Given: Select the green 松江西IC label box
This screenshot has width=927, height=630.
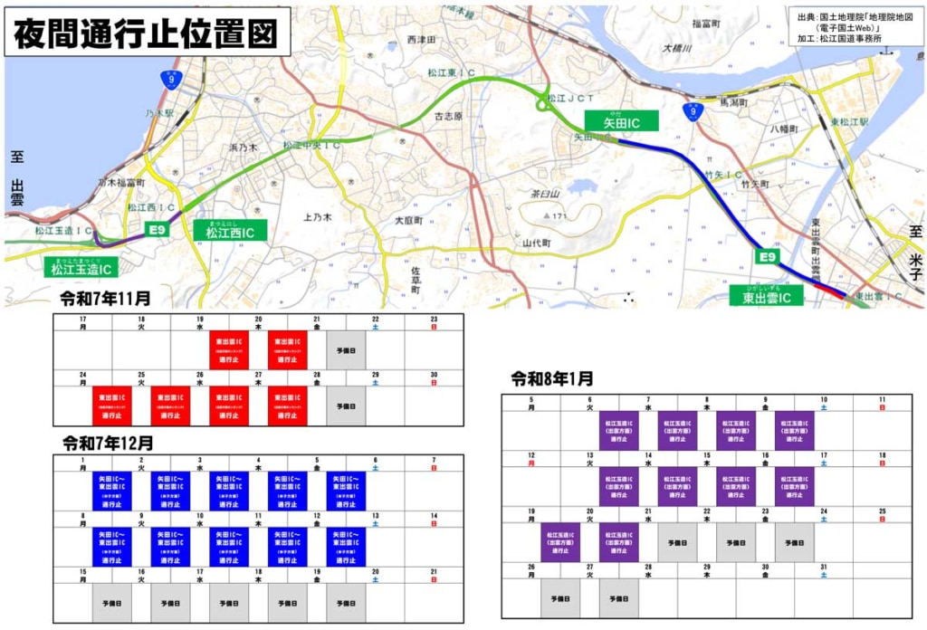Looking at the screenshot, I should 229,233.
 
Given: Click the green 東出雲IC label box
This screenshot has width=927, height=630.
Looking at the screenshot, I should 767,296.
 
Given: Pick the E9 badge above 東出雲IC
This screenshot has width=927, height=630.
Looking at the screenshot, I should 768,259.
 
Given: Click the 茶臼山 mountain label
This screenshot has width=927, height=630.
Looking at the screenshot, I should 547,194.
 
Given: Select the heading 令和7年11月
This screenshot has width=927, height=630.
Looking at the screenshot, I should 106,298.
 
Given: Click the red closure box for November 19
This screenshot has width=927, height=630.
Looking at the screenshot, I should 229,350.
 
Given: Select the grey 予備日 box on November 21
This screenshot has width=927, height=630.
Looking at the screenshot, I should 346,350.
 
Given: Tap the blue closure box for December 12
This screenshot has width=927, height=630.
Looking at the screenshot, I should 346,548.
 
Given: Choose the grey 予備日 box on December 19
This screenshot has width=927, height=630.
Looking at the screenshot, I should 346,602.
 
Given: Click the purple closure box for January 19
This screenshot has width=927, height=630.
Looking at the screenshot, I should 561,543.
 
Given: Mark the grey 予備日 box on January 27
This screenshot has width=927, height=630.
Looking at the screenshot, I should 619,598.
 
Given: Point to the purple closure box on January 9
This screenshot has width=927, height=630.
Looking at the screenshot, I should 794,431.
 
